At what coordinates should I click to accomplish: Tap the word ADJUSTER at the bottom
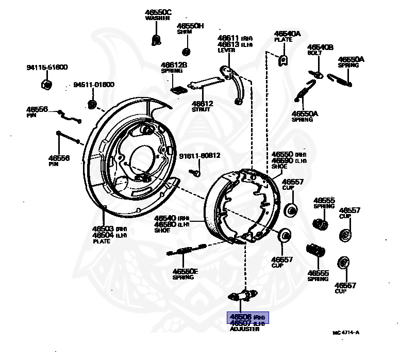point(244,329)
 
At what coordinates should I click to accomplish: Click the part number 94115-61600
point(47,68)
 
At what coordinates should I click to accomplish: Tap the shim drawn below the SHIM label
point(187,51)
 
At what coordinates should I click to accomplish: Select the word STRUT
point(200,109)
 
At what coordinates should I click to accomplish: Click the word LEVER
point(226,51)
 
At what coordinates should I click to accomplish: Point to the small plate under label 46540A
point(282,60)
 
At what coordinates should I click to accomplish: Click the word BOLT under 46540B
point(314,53)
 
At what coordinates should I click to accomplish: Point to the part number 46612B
point(173,65)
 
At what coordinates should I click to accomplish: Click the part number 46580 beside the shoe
point(165,224)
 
